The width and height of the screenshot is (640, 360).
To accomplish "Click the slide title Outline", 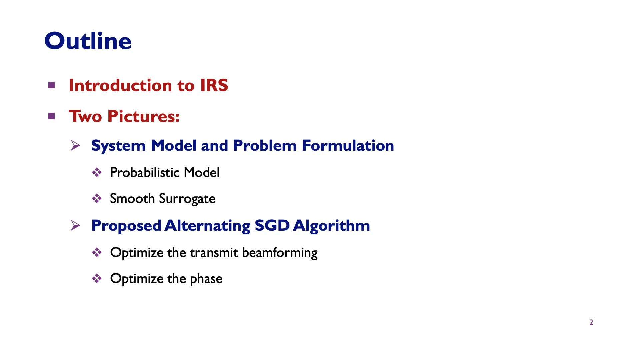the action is (88, 41).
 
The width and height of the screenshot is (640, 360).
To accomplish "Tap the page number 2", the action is (591, 322).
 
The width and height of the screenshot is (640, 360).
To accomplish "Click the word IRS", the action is (214, 85).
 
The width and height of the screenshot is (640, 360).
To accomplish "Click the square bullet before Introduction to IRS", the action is (51, 85).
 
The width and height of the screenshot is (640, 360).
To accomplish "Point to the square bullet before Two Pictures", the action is (51, 116).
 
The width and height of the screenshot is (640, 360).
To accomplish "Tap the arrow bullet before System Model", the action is (75, 145).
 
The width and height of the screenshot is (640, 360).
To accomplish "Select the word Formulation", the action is (348, 145).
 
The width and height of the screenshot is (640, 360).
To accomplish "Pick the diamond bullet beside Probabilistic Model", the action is (97, 172).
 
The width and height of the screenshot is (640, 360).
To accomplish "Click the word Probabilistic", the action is (145, 173).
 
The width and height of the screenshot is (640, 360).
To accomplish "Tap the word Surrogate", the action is (187, 199).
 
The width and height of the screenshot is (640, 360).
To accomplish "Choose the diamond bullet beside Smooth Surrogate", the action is (97, 199).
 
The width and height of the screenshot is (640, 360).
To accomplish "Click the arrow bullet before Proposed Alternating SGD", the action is (75, 226).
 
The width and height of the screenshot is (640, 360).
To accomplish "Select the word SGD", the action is (272, 226).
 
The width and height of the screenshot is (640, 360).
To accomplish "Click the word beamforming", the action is (280, 253).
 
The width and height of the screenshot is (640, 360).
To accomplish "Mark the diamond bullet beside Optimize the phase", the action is (97, 278).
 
